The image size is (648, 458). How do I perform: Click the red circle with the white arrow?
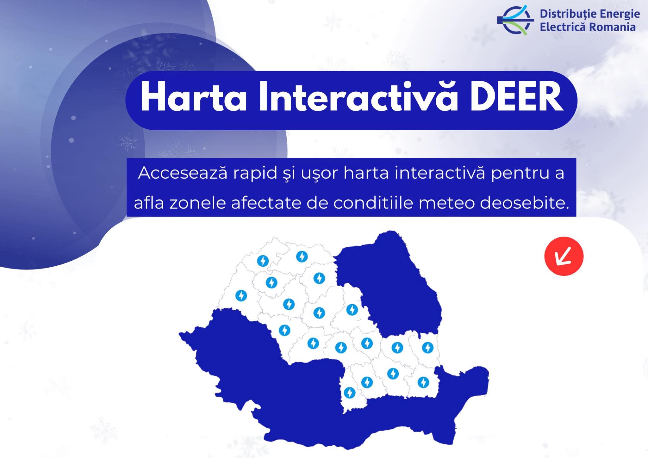(564, 256)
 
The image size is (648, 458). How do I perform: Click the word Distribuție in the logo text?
(565, 15)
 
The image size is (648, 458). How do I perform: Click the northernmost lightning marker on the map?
(302, 256)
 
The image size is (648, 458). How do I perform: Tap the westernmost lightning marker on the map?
(241, 296)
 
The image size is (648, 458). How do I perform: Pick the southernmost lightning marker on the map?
(350, 393)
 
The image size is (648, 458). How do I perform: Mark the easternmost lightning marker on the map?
(428, 348)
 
